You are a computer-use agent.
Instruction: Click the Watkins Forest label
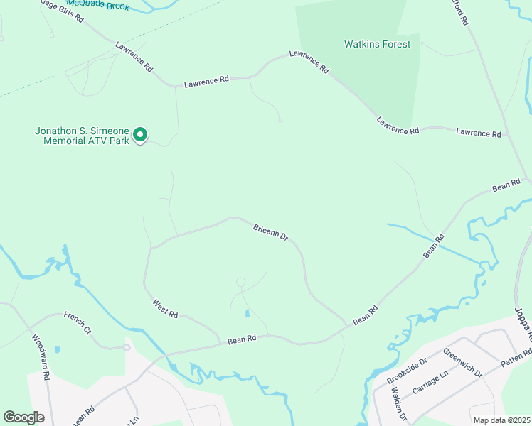pyautogui.click(x=377, y=44)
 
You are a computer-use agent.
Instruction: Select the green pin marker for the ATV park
pyautogui.click(x=141, y=133)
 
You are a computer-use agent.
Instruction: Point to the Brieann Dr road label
pyautogui.click(x=270, y=231)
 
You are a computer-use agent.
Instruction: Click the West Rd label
pyautogui.click(x=164, y=309)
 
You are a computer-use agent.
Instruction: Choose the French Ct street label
pyautogui.click(x=78, y=321)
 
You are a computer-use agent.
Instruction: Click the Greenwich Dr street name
pyautogui.click(x=462, y=362)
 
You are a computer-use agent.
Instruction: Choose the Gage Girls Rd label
pyautogui.click(x=61, y=9)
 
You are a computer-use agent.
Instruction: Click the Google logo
pyautogui.click(x=23, y=417)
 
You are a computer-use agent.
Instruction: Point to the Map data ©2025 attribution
pyautogui.click(x=501, y=420)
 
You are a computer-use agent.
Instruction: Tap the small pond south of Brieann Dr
pyautogui.click(x=246, y=312)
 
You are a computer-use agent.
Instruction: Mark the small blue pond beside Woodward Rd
pyautogui.click(x=56, y=350)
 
